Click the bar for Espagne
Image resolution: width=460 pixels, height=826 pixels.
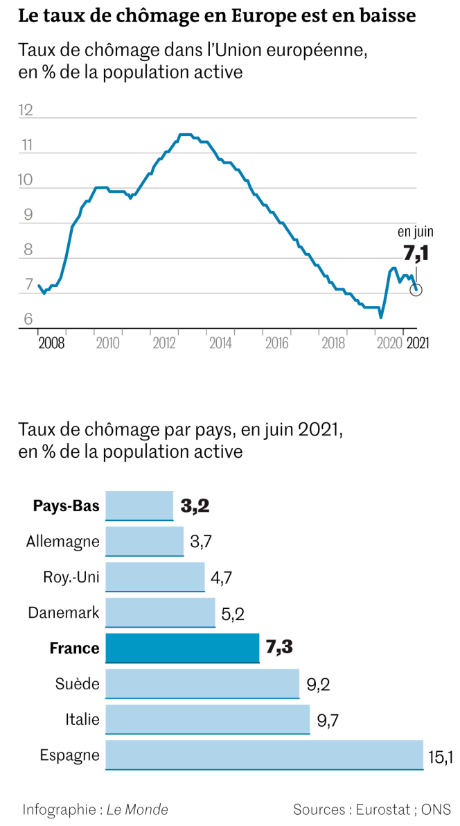(x=264, y=755)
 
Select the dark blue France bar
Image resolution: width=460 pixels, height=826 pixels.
(x=182, y=648)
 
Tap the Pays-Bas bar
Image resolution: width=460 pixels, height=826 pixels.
(x=139, y=506)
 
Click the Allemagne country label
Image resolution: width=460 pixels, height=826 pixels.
(x=62, y=541)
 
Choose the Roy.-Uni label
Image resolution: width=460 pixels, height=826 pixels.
(x=71, y=577)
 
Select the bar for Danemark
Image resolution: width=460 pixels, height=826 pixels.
(x=160, y=612)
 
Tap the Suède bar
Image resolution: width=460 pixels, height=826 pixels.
(x=202, y=684)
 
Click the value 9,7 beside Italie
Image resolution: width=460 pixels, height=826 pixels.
(x=328, y=721)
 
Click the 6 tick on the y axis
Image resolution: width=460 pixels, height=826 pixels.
(x=28, y=320)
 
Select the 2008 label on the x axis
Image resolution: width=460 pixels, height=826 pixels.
(x=51, y=343)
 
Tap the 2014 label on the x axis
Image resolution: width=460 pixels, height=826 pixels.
(x=220, y=343)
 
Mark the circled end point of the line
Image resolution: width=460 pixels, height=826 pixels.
(x=416, y=290)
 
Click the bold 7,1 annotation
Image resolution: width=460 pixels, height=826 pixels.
(x=416, y=253)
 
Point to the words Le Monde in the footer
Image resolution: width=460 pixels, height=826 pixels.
(x=137, y=809)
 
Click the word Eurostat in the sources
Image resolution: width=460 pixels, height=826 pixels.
(x=381, y=809)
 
